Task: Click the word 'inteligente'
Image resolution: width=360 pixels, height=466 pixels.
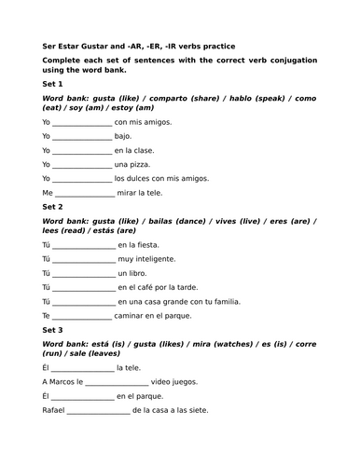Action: [154, 259]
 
